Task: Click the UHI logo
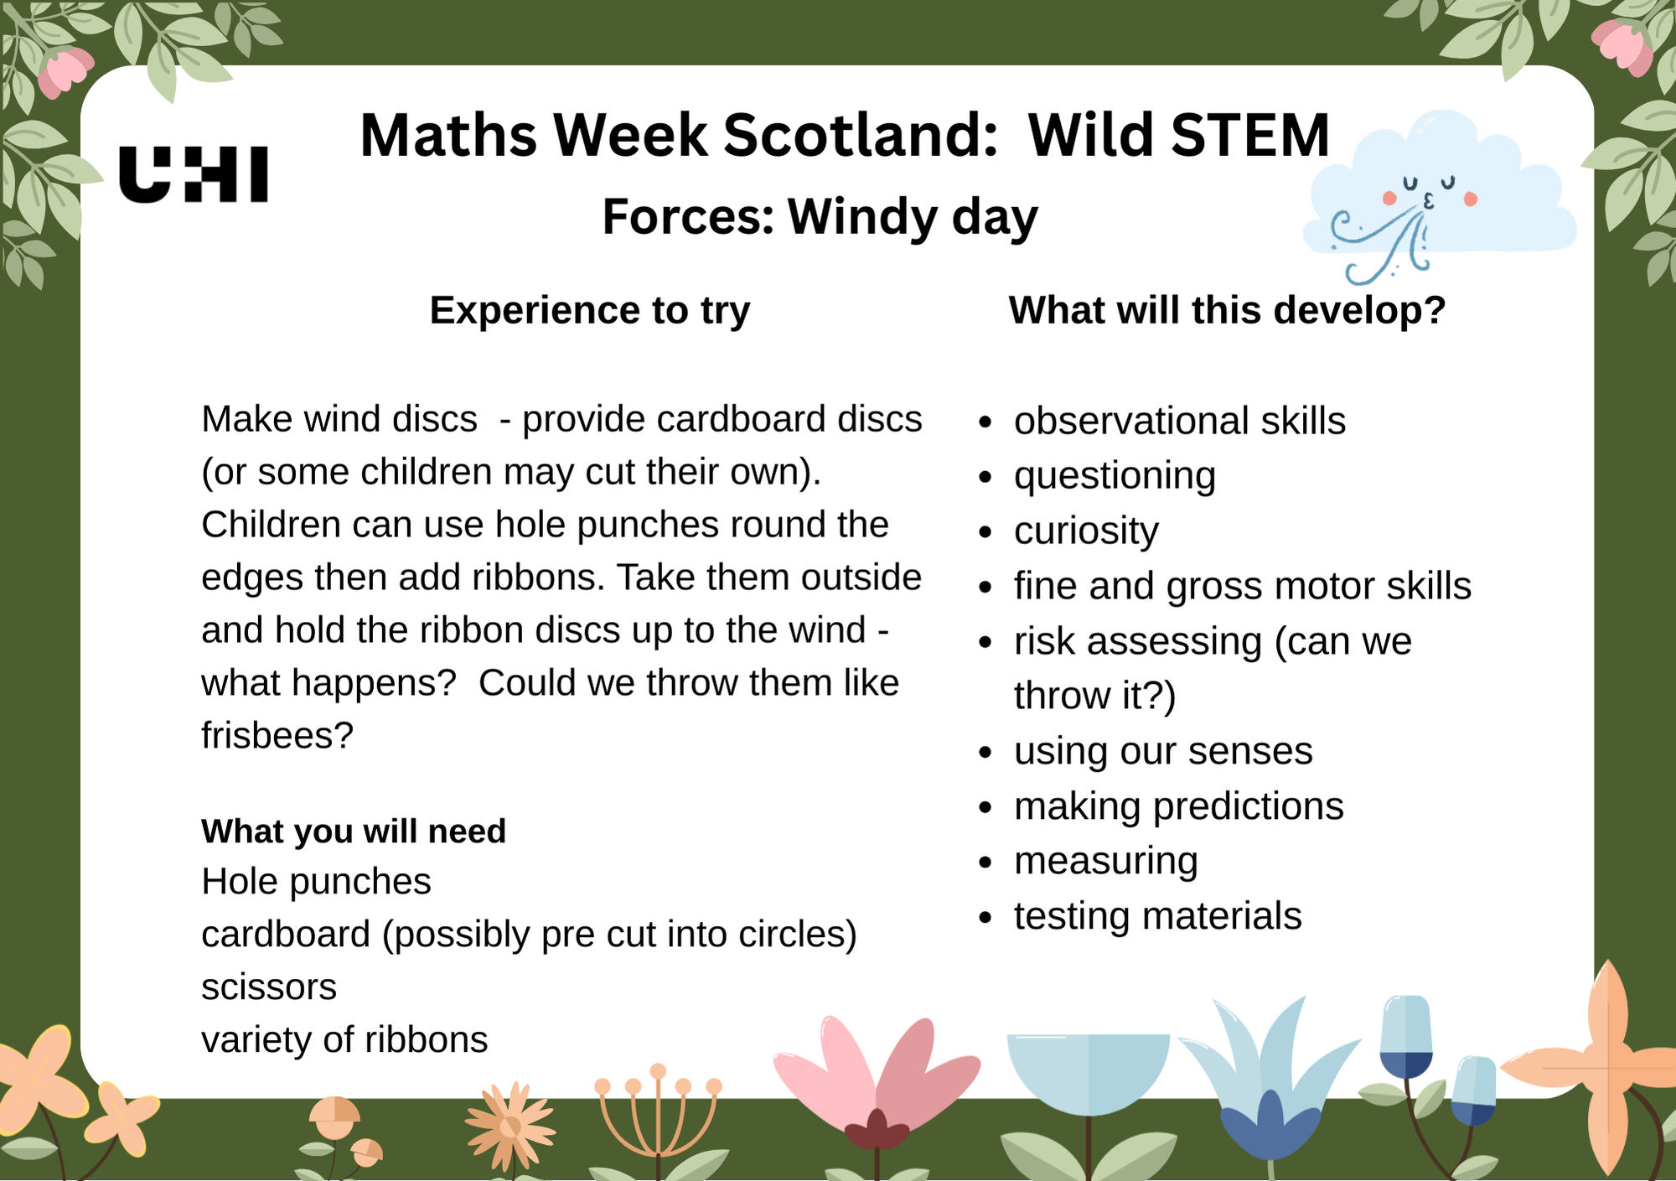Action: coord(194,174)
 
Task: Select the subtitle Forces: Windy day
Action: coord(820,217)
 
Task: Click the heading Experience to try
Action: coord(590,311)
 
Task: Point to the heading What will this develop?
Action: coord(1227,311)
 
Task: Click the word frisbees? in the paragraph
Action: coord(277,736)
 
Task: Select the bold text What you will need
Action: coord(353,831)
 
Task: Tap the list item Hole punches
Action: coord(316,882)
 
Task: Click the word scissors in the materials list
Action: coord(269,987)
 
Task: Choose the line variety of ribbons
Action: coord(344,1040)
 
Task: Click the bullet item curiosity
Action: coord(1086,531)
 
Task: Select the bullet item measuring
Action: coord(1105,861)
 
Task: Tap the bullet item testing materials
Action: coord(1157,916)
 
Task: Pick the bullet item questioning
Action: coord(1115,476)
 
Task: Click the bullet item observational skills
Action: coord(1179,421)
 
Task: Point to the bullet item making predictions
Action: coord(1178,806)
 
